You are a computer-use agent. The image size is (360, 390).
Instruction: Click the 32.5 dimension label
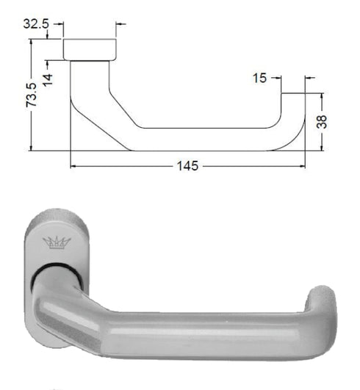(x=36, y=24)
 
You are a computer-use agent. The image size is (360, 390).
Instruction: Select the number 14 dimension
(x=48, y=75)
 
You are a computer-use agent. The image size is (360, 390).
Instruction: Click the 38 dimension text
(x=321, y=121)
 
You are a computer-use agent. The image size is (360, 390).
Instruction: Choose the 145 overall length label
(x=187, y=166)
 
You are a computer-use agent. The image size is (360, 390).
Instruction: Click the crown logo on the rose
(x=56, y=242)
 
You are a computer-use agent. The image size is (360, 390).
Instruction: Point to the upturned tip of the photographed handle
(x=320, y=301)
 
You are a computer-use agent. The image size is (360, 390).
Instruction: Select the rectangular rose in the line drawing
(x=90, y=49)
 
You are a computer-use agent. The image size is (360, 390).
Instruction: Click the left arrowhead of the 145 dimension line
(x=74, y=166)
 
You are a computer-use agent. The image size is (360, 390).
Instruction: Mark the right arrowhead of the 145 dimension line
(x=300, y=166)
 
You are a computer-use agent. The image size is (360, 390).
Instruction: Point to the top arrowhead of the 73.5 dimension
(x=32, y=43)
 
